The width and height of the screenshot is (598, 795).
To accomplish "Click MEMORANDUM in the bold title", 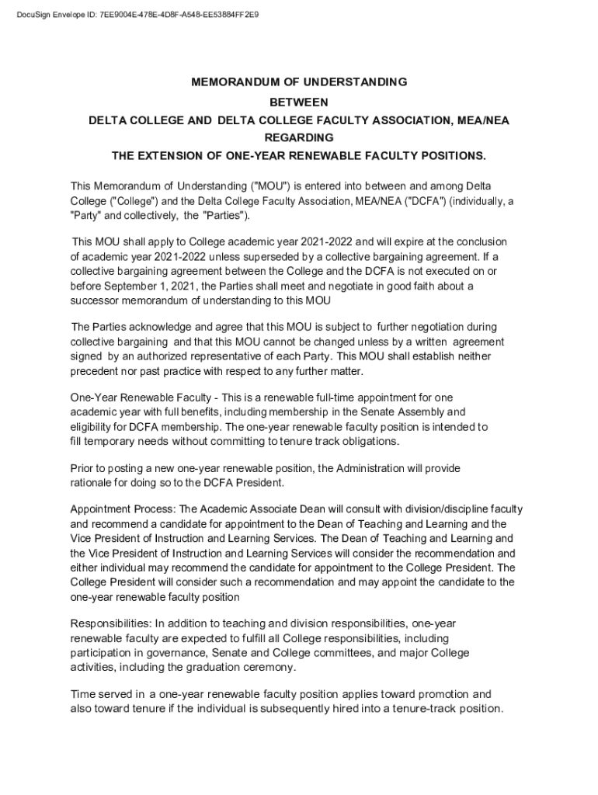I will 231,82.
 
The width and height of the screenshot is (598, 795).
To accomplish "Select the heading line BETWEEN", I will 299,102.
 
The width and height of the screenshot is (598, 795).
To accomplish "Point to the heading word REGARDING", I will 299,137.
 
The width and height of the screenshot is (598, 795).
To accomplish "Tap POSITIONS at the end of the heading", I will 450,155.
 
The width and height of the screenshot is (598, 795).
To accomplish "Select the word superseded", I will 276,257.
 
